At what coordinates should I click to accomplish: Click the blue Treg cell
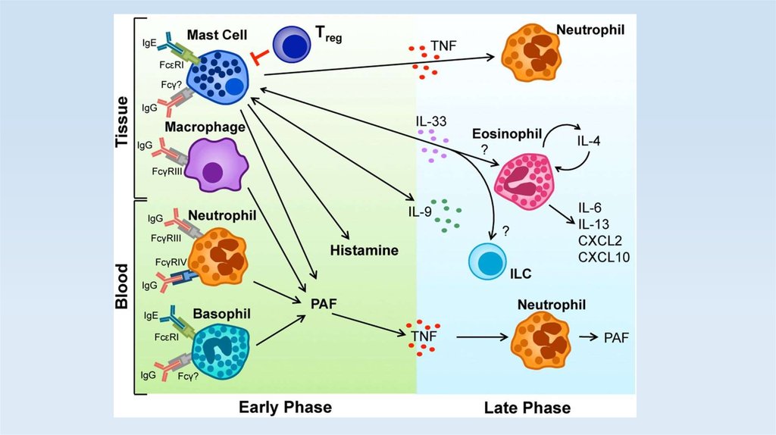pos(291,44)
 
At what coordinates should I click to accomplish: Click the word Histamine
pos(364,249)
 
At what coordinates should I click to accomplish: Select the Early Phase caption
pos(285,407)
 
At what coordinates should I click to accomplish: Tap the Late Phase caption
pos(527,408)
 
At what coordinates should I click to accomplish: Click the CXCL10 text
pos(603,257)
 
